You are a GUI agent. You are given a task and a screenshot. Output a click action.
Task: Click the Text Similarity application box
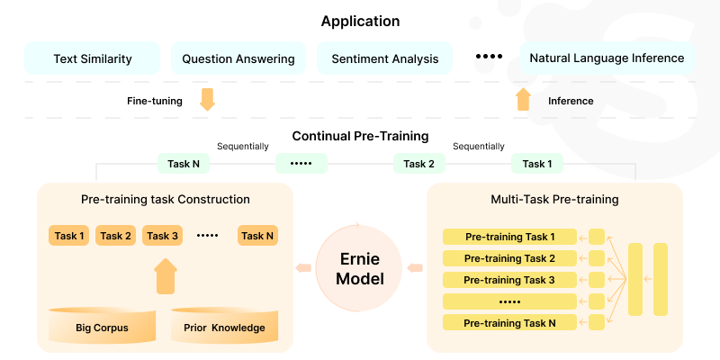click(x=93, y=58)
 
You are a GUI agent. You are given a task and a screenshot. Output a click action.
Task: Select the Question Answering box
click(x=238, y=58)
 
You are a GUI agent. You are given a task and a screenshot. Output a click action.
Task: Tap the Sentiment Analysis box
click(x=385, y=58)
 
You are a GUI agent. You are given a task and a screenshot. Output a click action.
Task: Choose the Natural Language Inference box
click(x=607, y=58)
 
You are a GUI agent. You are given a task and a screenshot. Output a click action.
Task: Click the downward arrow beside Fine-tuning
click(x=207, y=99)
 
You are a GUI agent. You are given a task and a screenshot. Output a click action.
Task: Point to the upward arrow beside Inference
click(x=524, y=99)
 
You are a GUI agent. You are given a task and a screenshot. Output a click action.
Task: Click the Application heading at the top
click(x=360, y=21)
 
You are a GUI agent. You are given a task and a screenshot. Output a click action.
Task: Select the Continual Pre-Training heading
click(x=360, y=137)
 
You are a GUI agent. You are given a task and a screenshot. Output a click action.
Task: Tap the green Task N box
click(x=184, y=164)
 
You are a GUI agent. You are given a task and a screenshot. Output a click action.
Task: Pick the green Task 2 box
click(x=419, y=164)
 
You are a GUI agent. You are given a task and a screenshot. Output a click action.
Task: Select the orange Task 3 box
click(x=163, y=236)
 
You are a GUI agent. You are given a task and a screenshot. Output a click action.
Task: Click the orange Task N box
click(x=257, y=236)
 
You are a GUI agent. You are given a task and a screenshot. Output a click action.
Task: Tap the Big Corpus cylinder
click(x=102, y=326)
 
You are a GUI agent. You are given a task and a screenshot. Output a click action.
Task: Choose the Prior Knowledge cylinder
click(x=224, y=326)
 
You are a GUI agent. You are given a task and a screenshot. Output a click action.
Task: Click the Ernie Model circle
click(x=360, y=267)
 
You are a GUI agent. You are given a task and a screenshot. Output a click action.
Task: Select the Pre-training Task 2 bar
click(x=509, y=258)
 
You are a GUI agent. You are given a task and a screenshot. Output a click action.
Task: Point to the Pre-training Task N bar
click(x=509, y=323)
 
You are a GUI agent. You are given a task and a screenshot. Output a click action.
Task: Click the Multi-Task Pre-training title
click(x=554, y=199)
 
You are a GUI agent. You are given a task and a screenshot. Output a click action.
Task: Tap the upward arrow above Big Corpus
click(x=166, y=276)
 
